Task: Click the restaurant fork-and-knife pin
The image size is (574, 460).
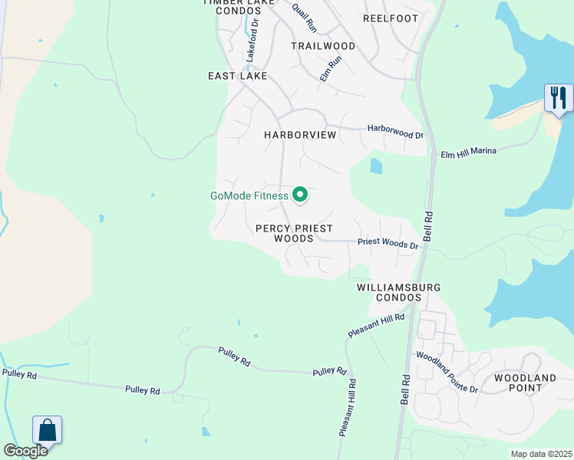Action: click(559, 98)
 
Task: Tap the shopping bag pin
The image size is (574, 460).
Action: click(47, 430)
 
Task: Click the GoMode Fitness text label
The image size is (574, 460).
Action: click(249, 195)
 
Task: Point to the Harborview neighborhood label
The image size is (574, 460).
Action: click(300, 135)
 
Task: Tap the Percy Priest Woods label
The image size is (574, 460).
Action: click(295, 233)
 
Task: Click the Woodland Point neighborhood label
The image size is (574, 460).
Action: click(525, 383)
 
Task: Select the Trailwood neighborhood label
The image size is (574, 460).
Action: click(323, 46)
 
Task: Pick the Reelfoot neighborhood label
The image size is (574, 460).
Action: click(391, 18)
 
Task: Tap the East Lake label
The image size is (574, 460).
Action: click(237, 76)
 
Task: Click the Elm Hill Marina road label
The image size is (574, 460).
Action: click(468, 153)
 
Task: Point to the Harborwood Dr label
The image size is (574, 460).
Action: click(395, 131)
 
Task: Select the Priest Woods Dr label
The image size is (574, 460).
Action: click(388, 245)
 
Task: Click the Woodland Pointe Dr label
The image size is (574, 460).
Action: click(447, 373)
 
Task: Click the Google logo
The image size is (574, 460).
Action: click(25, 451)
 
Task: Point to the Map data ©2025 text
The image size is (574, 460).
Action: click(542, 454)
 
